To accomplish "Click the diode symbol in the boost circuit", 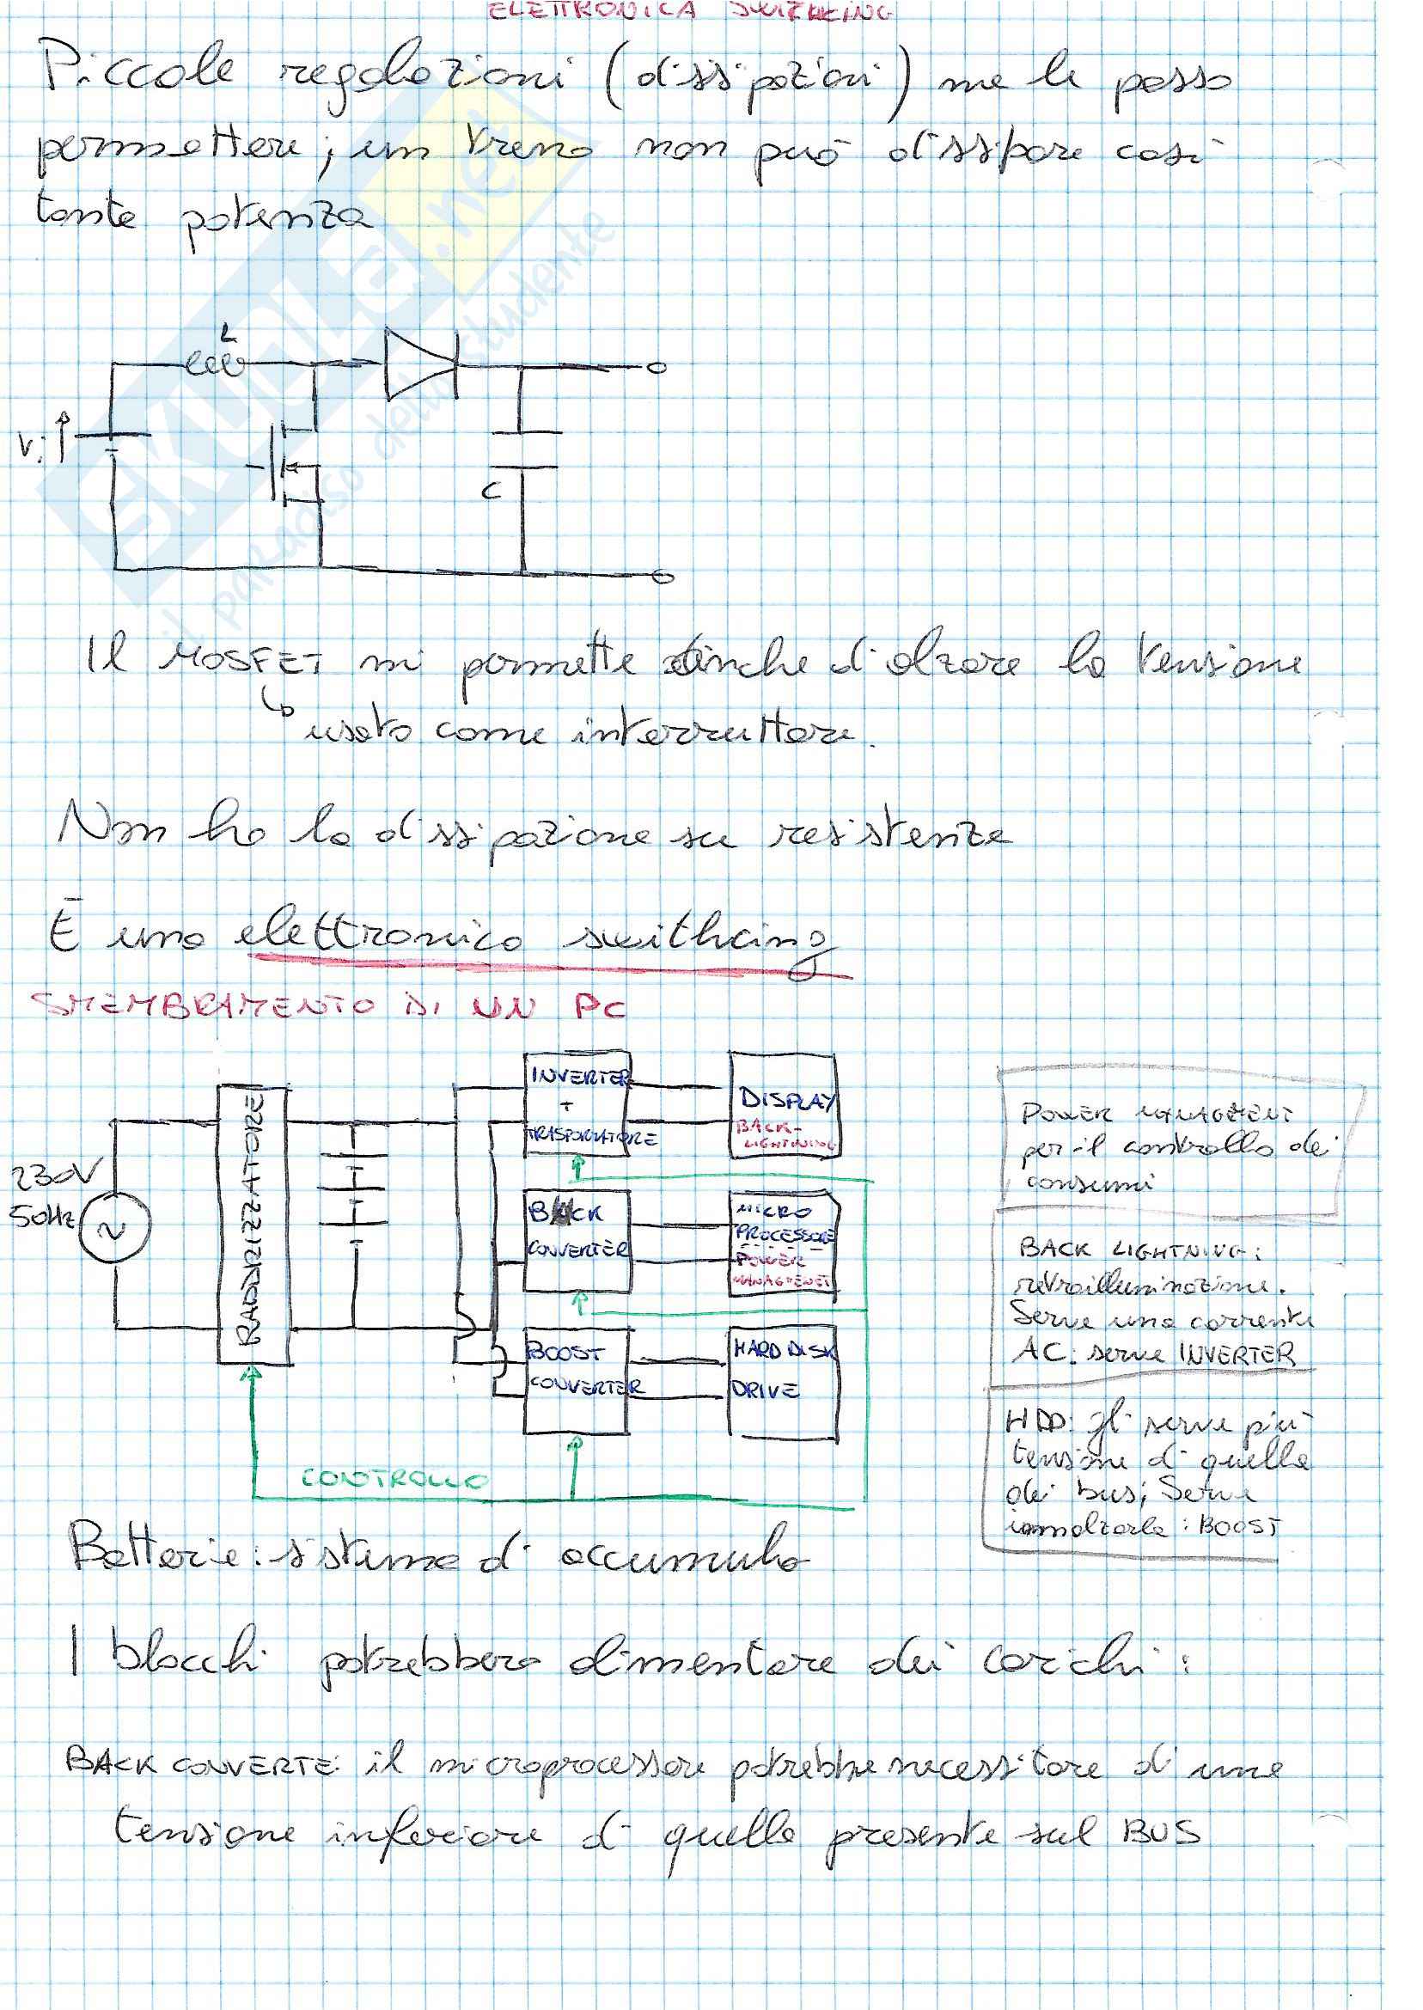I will [420, 363].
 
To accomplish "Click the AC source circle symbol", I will [114, 1230].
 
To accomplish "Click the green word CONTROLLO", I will [394, 1480].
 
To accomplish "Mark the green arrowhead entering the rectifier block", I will [253, 1374].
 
